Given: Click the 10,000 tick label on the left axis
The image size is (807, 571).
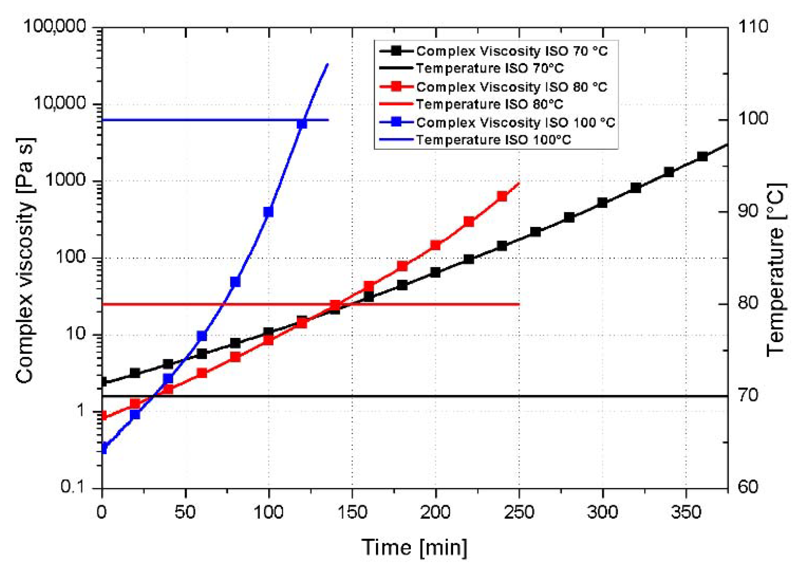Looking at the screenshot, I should click(60, 103).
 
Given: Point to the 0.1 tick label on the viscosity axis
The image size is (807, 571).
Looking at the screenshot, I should click(72, 486).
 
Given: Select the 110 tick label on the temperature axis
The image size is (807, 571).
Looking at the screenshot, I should click(752, 27).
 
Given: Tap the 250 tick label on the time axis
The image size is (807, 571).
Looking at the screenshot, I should click(519, 512).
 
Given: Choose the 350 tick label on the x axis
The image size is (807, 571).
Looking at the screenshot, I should click(686, 512).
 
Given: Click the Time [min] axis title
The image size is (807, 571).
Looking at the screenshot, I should click(414, 547).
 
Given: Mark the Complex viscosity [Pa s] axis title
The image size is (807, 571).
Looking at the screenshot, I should click(26, 260).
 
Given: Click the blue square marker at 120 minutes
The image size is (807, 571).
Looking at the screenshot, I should click(302, 124).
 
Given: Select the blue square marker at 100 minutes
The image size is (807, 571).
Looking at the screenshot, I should click(269, 212).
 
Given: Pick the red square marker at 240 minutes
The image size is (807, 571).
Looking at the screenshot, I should click(502, 196).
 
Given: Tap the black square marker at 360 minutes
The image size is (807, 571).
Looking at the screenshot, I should click(702, 156).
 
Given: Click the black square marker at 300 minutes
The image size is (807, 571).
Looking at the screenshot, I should click(602, 202).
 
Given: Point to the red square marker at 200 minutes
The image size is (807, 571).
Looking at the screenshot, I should click(436, 245).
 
